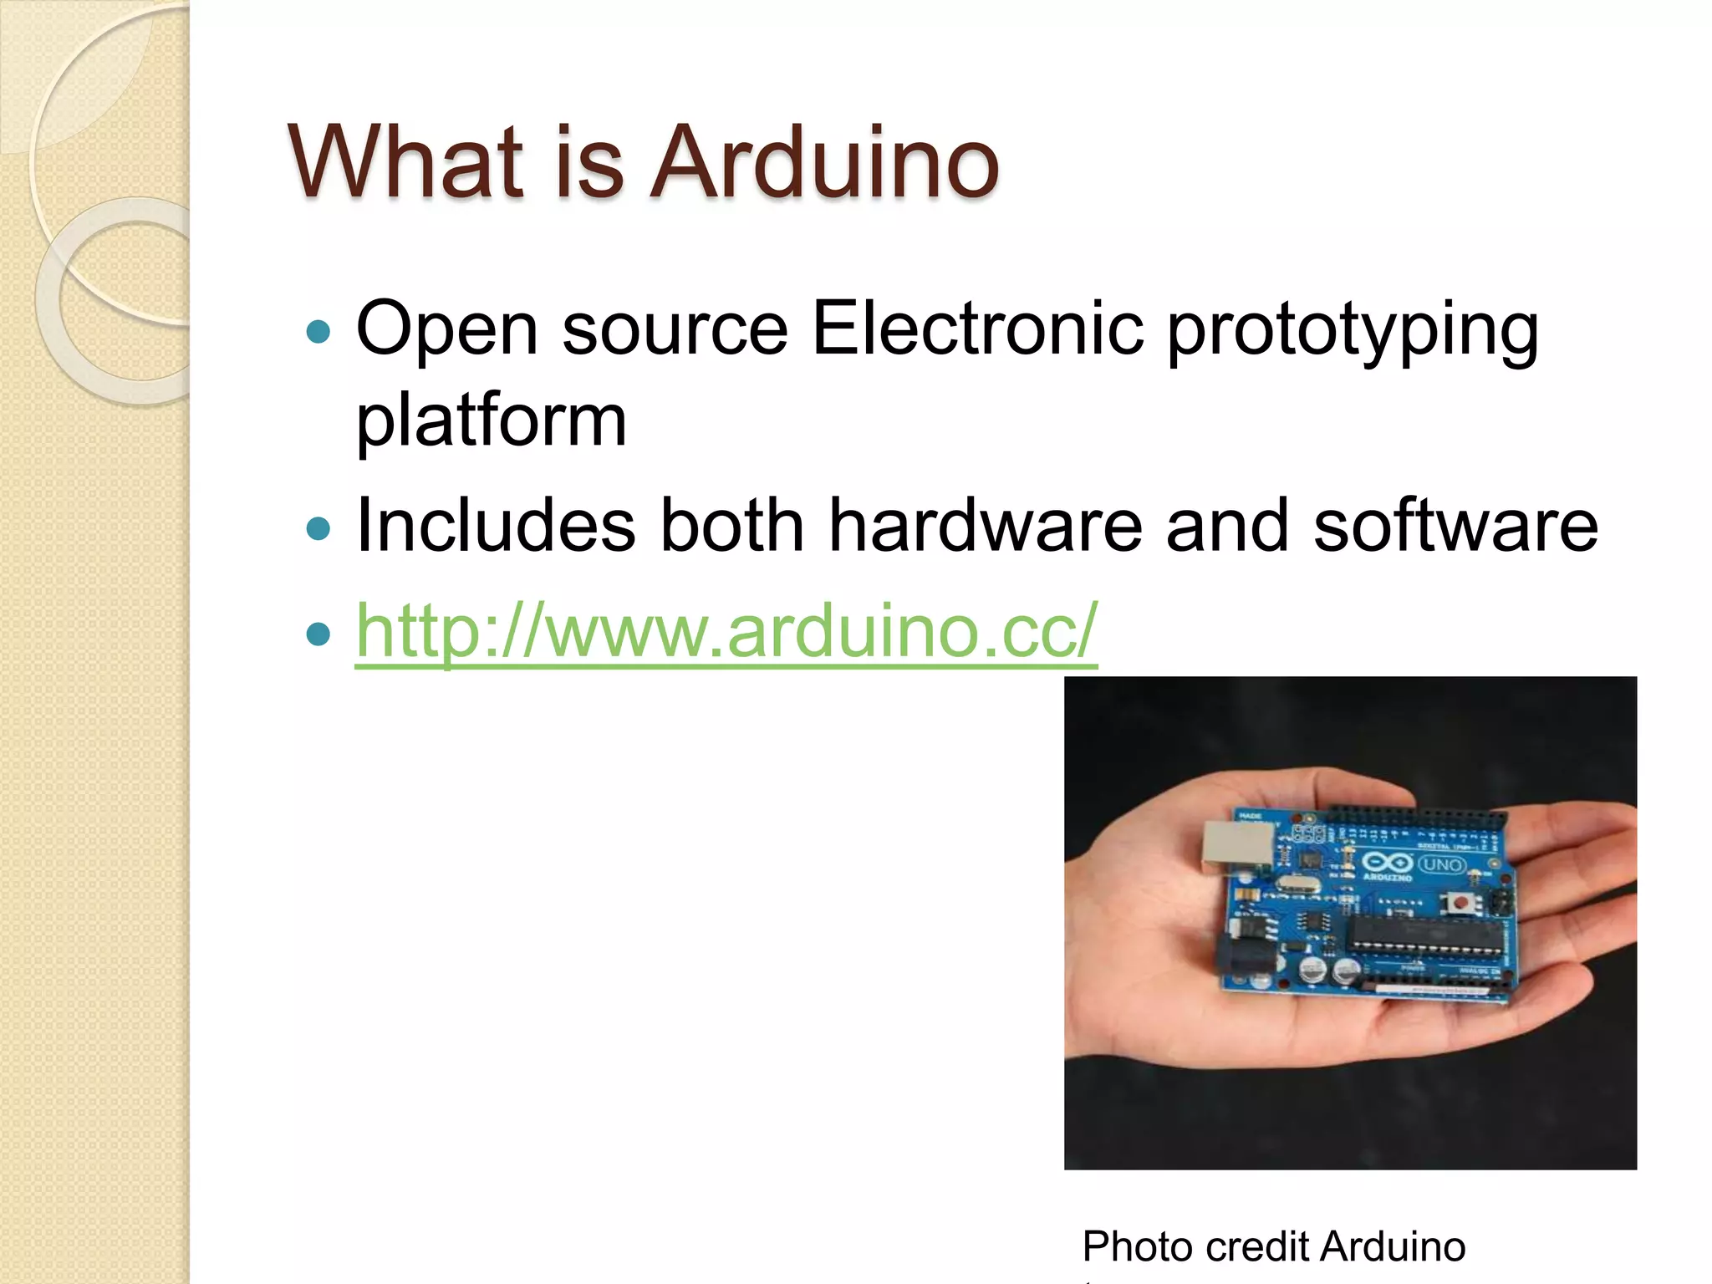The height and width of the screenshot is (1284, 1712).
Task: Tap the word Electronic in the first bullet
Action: [x=977, y=329]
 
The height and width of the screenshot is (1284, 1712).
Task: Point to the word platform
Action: [x=491, y=420]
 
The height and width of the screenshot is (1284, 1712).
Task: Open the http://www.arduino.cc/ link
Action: [x=726, y=631]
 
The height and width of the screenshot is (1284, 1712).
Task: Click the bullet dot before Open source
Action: [x=318, y=333]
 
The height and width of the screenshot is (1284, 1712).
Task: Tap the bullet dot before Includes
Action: [x=318, y=528]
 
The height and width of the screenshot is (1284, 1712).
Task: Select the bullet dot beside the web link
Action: [x=318, y=634]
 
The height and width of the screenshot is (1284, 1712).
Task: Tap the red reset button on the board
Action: [x=1460, y=903]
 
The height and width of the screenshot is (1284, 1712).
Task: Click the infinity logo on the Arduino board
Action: [x=1387, y=862]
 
